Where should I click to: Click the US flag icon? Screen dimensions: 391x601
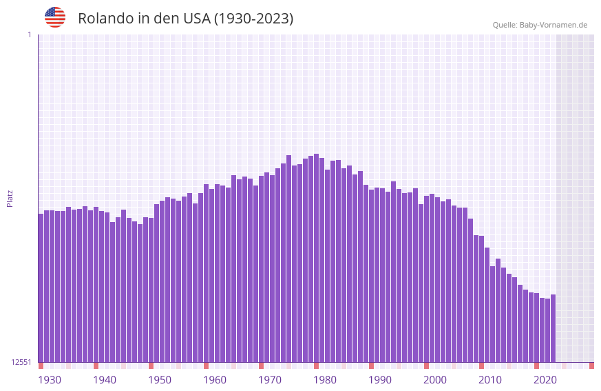(55, 17)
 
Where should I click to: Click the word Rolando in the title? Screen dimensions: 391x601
(105, 19)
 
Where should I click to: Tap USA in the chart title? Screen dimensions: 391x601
(196, 19)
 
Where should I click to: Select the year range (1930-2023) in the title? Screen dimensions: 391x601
(253, 19)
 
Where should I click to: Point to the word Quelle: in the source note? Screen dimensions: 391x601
(505, 25)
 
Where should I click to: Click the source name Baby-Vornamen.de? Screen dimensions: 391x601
(553, 25)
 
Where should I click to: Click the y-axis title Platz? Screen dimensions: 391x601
(10, 198)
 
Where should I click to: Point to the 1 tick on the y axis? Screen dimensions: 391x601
(29, 34)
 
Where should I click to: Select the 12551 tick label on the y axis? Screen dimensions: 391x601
(22, 362)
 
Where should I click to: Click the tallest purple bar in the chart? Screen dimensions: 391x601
(316, 258)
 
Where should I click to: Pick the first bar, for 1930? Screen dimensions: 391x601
(41, 288)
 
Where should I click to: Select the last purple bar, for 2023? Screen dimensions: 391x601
(553, 328)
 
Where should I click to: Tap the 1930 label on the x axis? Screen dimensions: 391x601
(50, 380)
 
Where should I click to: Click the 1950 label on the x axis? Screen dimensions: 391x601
(160, 380)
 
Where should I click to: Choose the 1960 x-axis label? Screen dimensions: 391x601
(215, 380)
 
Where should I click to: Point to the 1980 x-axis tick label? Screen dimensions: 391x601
(325, 380)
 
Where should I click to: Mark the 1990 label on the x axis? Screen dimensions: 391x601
(380, 380)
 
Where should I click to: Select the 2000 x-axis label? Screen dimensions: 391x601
(435, 380)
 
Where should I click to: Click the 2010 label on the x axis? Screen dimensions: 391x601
(490, 380)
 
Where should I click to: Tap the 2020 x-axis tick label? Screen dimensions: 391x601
(545, 380)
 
